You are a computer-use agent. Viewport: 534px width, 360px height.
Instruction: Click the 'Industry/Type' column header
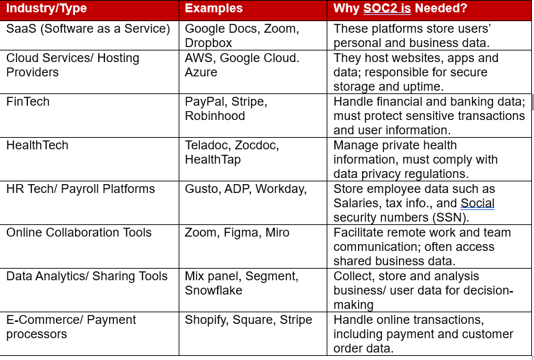46,8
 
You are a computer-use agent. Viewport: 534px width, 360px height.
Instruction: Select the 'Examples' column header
213,8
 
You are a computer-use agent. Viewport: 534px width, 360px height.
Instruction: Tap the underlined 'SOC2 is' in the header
387,8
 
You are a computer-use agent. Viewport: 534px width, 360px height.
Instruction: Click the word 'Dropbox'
209,43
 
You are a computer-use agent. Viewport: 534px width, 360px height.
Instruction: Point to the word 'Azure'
201,72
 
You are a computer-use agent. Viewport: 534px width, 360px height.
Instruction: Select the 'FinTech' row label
28,102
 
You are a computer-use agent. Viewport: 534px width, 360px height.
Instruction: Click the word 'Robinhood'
215,116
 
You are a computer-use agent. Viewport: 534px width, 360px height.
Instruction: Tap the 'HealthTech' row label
37,145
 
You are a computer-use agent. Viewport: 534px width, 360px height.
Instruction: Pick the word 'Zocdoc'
257,145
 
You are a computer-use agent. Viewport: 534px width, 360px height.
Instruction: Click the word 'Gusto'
203,189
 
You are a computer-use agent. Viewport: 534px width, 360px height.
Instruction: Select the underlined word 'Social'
477,203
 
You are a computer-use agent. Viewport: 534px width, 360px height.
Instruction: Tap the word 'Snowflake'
213,290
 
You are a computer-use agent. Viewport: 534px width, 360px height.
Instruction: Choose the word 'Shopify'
206,320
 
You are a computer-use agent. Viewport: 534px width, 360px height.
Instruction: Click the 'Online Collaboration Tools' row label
78,232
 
